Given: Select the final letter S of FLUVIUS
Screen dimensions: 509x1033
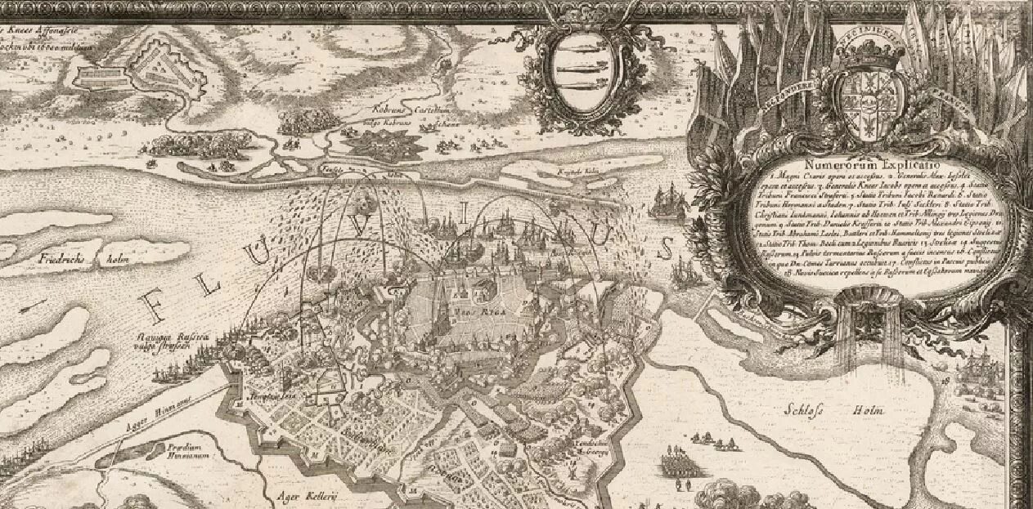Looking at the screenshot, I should coord(667,247).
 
